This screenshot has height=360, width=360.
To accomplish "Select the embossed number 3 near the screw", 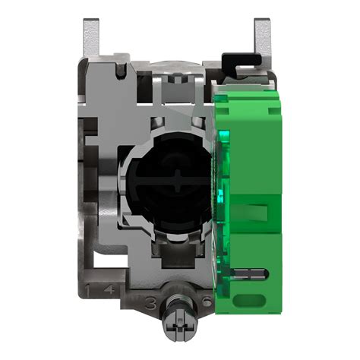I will tap(151, 305).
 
